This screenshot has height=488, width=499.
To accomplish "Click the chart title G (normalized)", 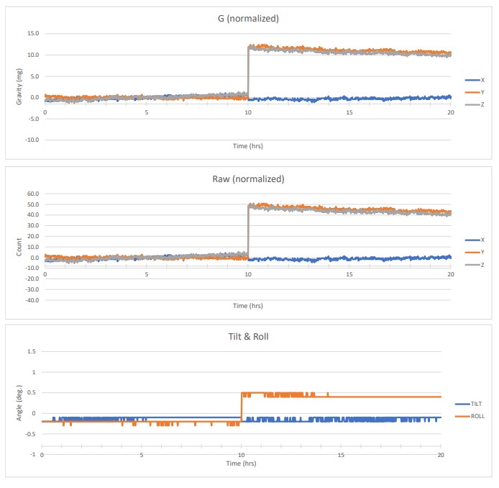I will [247, 17].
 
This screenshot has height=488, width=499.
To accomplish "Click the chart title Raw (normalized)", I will [247, 179].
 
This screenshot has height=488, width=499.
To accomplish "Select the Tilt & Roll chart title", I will [247, 337].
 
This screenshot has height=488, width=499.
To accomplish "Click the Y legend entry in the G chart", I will [482, 91].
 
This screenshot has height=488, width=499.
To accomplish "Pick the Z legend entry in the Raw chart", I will [482, 264].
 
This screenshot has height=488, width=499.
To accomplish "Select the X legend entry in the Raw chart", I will [482, 240].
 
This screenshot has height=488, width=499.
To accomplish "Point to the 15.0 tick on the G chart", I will [32, 33].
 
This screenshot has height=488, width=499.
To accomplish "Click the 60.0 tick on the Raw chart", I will [32, 194].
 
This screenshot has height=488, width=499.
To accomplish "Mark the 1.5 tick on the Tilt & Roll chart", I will [31, 351].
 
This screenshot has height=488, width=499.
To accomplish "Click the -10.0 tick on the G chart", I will [30, 140].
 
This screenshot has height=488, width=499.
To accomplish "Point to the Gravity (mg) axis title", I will [19, 87].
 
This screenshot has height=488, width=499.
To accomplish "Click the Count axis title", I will [19, 247].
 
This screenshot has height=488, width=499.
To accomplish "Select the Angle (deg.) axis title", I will [19, 402].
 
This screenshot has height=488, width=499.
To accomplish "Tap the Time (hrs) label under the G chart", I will [247, 146].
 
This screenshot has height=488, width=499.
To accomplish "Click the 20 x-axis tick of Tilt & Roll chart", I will [441, 455].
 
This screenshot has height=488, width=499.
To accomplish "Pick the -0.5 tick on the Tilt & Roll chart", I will [29, 433].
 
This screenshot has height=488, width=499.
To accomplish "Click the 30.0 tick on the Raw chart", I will [32, 225].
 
